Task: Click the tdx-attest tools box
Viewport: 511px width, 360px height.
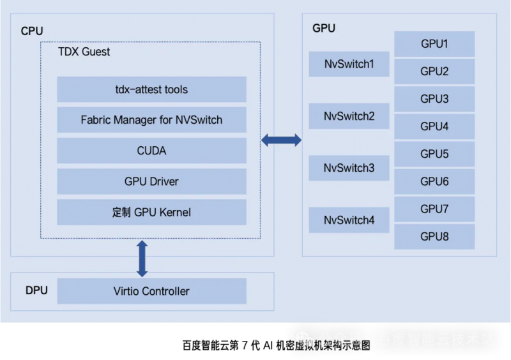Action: tap(151, 89)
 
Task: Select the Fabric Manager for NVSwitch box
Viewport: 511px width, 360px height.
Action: tap(151, 120)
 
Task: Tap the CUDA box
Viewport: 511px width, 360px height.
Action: tap(151, 151)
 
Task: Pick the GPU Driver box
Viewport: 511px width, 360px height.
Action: tap(151, 181)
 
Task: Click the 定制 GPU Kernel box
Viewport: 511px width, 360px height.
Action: tap(151, 212)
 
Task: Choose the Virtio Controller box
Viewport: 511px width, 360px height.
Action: tap(151, 291)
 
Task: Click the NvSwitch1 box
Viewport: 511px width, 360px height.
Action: tap(349, 64)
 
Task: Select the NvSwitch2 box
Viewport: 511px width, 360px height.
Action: tap(349, 116)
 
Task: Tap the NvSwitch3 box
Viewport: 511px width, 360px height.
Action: tap(349, 169)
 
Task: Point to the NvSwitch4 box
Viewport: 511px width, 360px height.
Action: tap(349, 220)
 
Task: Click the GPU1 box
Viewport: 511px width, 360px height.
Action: tap(434, 44)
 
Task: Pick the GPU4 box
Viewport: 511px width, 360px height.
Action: tap(434, 126)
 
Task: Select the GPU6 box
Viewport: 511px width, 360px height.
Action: tap(434, 181)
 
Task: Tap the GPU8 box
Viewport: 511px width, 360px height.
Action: tap(434, 237)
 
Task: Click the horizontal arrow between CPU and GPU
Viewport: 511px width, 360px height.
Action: tap(281, 140)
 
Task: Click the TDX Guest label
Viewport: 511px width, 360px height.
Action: tap(84, 52)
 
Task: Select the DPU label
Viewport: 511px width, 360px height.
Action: tap(36, 291)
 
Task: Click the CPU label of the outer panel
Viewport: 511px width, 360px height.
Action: tap(32, 31)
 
